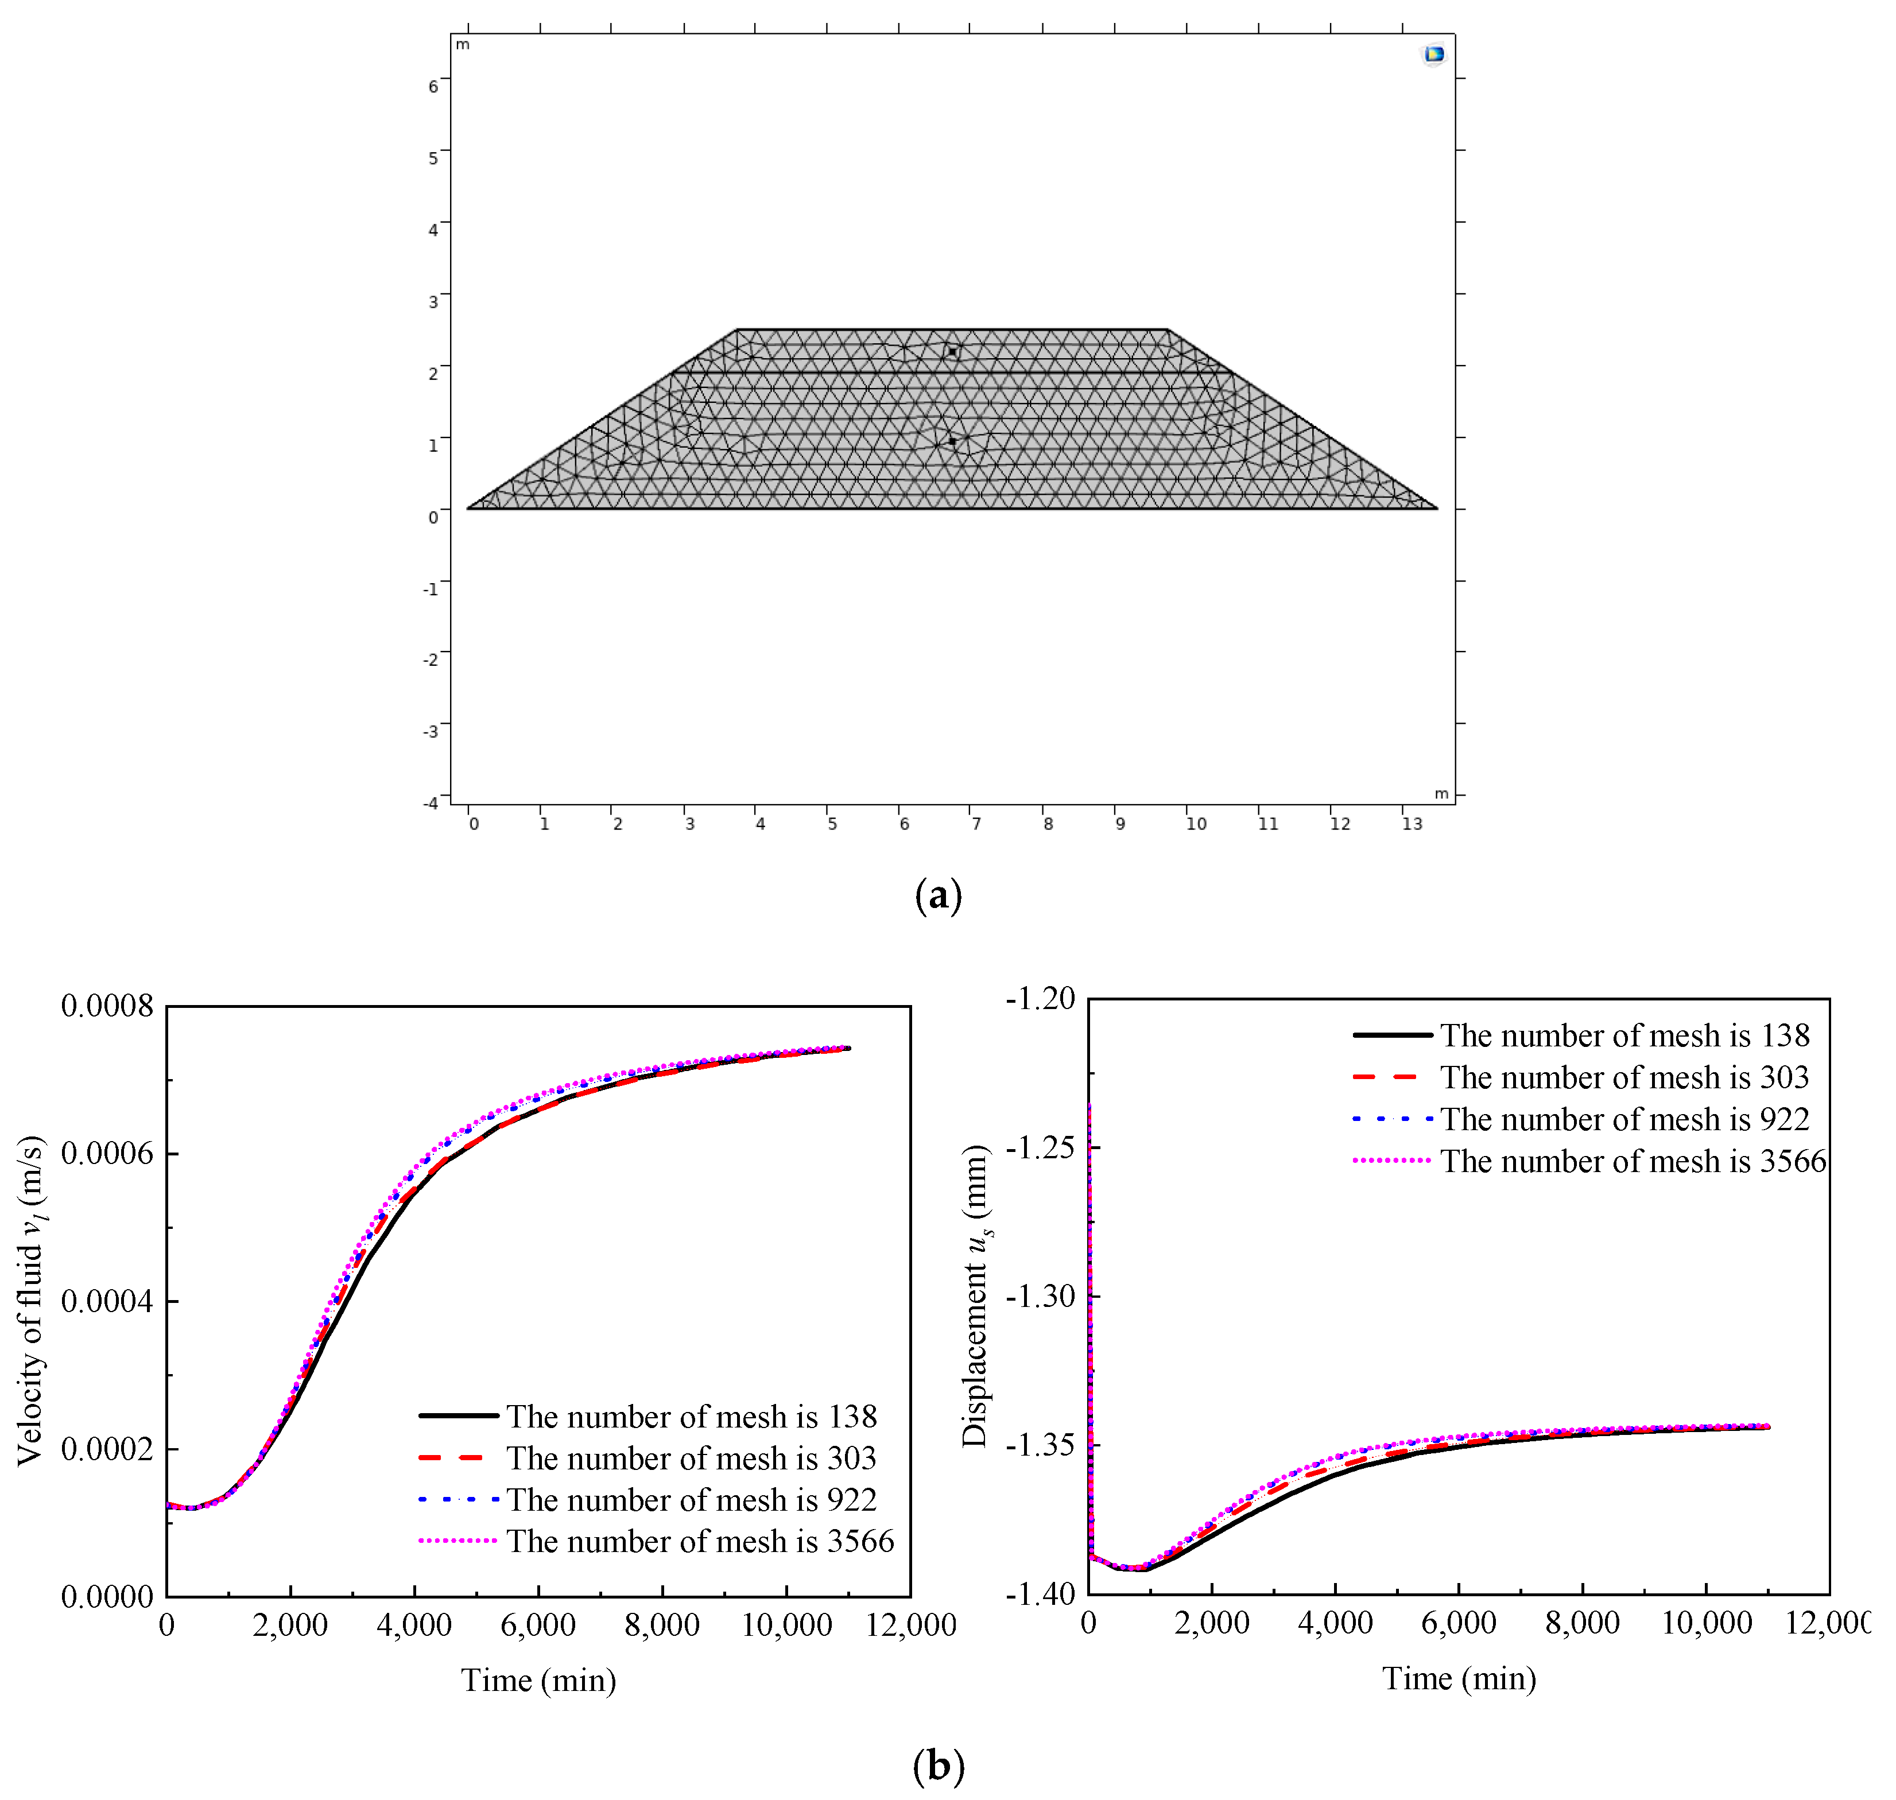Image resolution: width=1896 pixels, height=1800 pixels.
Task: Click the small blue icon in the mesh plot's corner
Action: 1433,55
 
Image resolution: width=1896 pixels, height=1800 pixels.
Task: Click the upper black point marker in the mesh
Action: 952,352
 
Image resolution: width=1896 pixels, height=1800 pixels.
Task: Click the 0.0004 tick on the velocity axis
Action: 107,1301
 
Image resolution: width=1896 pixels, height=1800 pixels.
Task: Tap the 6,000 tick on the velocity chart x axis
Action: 538,1626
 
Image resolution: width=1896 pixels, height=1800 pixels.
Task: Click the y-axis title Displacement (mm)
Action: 976,1295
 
